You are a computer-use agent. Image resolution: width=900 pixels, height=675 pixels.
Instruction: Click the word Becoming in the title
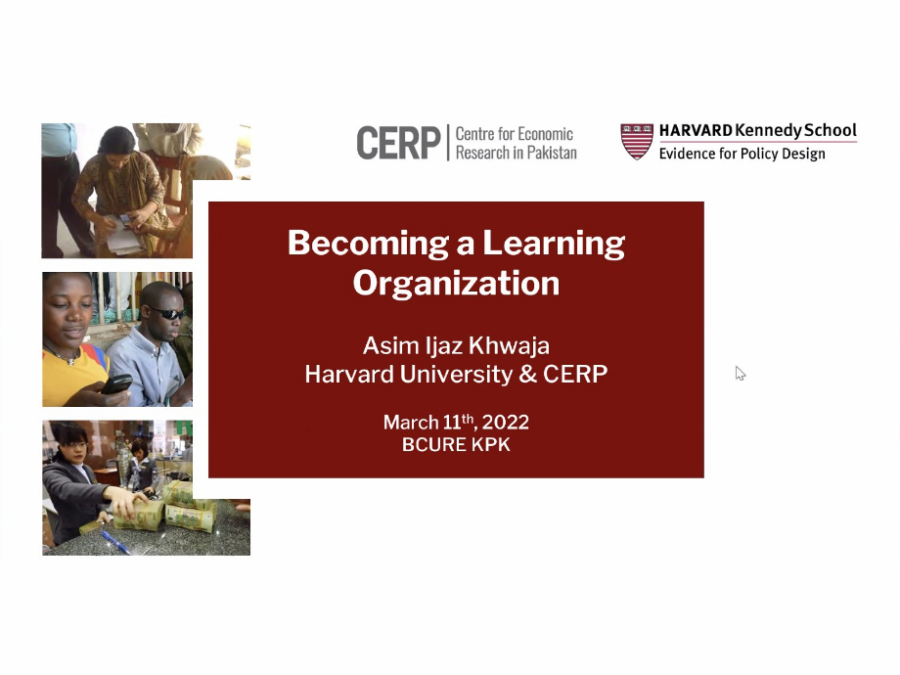click(x=368, y=244)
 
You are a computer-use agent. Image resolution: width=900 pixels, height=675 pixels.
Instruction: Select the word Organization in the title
click(x=456, y=283)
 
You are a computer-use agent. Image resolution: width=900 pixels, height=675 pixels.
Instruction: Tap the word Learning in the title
click(x=554, y=244)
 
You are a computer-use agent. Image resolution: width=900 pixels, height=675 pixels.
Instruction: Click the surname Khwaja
click(x=509, y=345)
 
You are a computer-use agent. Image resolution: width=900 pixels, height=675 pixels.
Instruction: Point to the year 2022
click(x=505, y=423)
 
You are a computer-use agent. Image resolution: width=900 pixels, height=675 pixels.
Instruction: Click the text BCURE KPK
click(x=456, y=444)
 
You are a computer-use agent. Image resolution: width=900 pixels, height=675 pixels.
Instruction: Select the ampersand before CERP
click(x=527, y=375)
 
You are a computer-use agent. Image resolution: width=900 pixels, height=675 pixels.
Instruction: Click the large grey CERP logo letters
click(x=398, y=143)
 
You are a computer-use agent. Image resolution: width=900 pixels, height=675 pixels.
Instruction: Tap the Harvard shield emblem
click(x=637, y=141)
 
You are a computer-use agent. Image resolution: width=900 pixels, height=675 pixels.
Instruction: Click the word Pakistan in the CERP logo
click(x=552, y=153)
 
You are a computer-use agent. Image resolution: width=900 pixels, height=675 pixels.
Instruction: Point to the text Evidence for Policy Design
click(x=742, y=154)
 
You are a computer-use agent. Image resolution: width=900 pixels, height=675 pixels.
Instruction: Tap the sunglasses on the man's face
click(x=167, y=313)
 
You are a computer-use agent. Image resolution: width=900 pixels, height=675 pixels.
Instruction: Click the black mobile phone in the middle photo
click(x=116, y=384)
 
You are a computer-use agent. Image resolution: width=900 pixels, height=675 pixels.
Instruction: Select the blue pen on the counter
click(x=115, y=541)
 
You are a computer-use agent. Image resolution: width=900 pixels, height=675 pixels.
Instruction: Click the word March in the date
click(x=411, y=423)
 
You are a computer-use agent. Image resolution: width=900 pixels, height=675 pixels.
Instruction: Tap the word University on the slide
click(x=456, y=375)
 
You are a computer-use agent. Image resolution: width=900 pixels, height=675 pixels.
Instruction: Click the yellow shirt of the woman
click(x=72, y=376)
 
